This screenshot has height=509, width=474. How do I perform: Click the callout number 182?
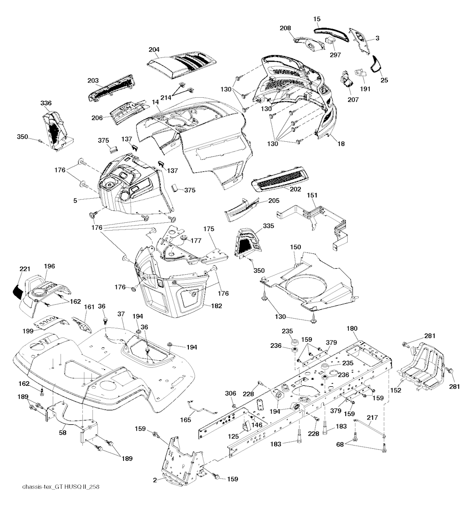click(216, 306)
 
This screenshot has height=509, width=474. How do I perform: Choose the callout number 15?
click(317, 19)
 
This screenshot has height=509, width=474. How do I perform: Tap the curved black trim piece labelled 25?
click(375, 63)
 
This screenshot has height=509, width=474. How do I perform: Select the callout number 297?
click(335, 55)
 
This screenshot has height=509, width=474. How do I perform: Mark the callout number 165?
click(185, 420)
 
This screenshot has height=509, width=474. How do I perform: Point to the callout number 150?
click(296, 248)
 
